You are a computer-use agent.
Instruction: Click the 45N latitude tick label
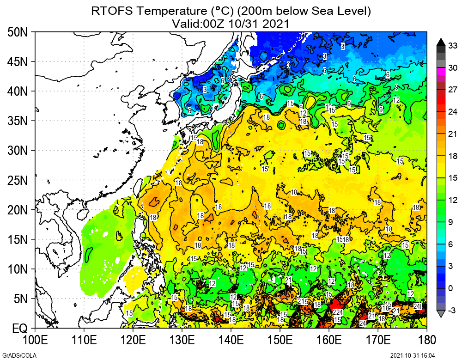pyautogui.click(x=18, y=61)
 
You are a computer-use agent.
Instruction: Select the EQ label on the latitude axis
pyautogui.click(x=20, y=329)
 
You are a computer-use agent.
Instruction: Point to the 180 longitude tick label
pyautogui.click(x=427, y=341)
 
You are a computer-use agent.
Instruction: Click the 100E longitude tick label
pyautogui.click(x=35, y=341)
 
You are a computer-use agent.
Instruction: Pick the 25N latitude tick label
pyautogui.click(x=18, y=180)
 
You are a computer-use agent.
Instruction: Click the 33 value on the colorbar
pyautogui.click(x=453, y=45)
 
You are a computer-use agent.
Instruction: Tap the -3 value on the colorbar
pyautogui.click(x=453, y=311)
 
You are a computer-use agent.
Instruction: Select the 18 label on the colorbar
pyautogui.click(x=453, y=156)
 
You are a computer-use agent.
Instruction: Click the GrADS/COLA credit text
pyautogui.click(x=15, y=355)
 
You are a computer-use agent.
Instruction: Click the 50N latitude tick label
pyautogui.click(x=18, y=32)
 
